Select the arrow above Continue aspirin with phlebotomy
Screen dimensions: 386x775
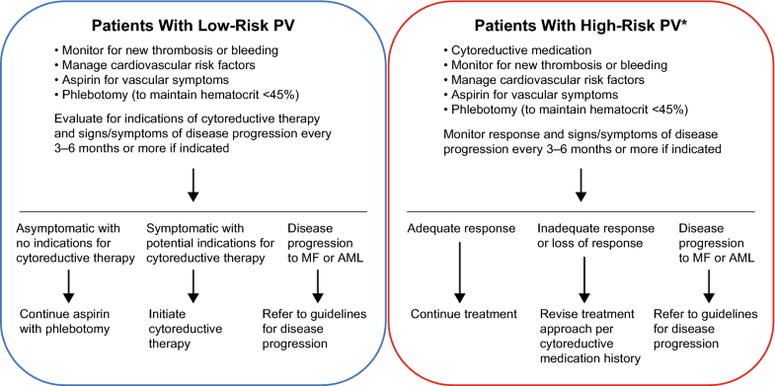coord(67,283)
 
